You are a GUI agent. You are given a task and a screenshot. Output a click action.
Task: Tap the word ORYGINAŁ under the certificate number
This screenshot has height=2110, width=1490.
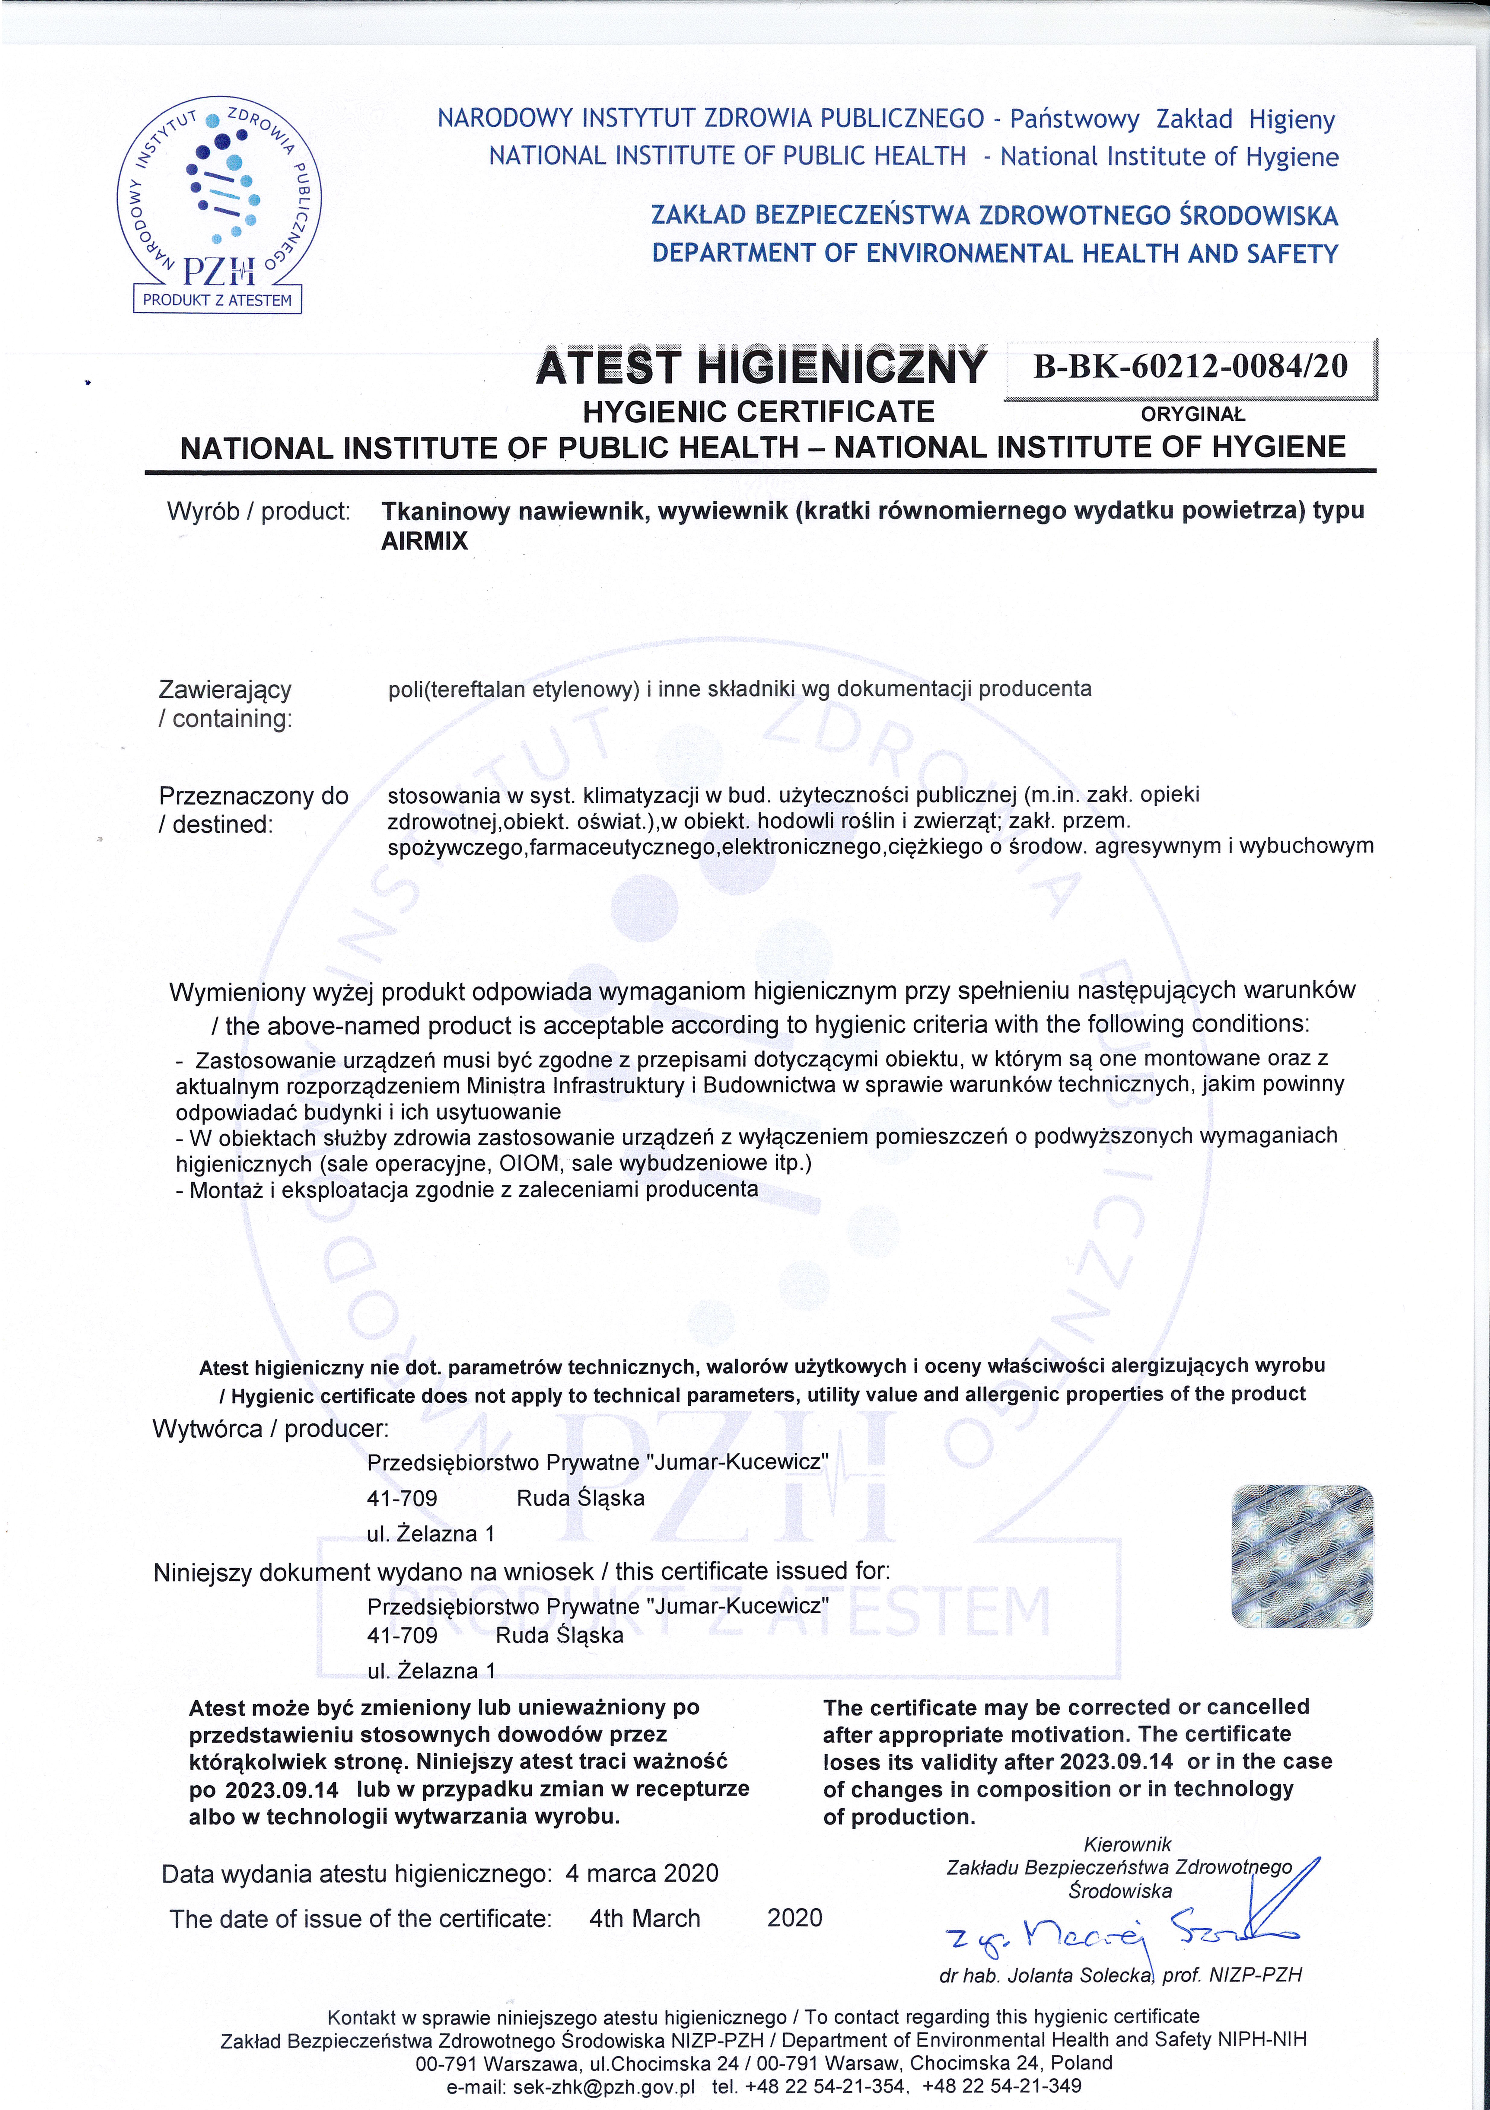pyautogui.click(x=1192, y=414)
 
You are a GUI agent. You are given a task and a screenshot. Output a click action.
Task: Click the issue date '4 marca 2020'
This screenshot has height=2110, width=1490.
pyautogui.click(x=642, y=1873)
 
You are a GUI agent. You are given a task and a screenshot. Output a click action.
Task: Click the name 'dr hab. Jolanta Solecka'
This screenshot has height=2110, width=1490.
pyautogui.click(x=1046, y=1975)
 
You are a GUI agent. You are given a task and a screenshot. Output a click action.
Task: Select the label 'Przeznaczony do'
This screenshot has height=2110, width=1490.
pyautogui.click(x=253, y=796)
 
